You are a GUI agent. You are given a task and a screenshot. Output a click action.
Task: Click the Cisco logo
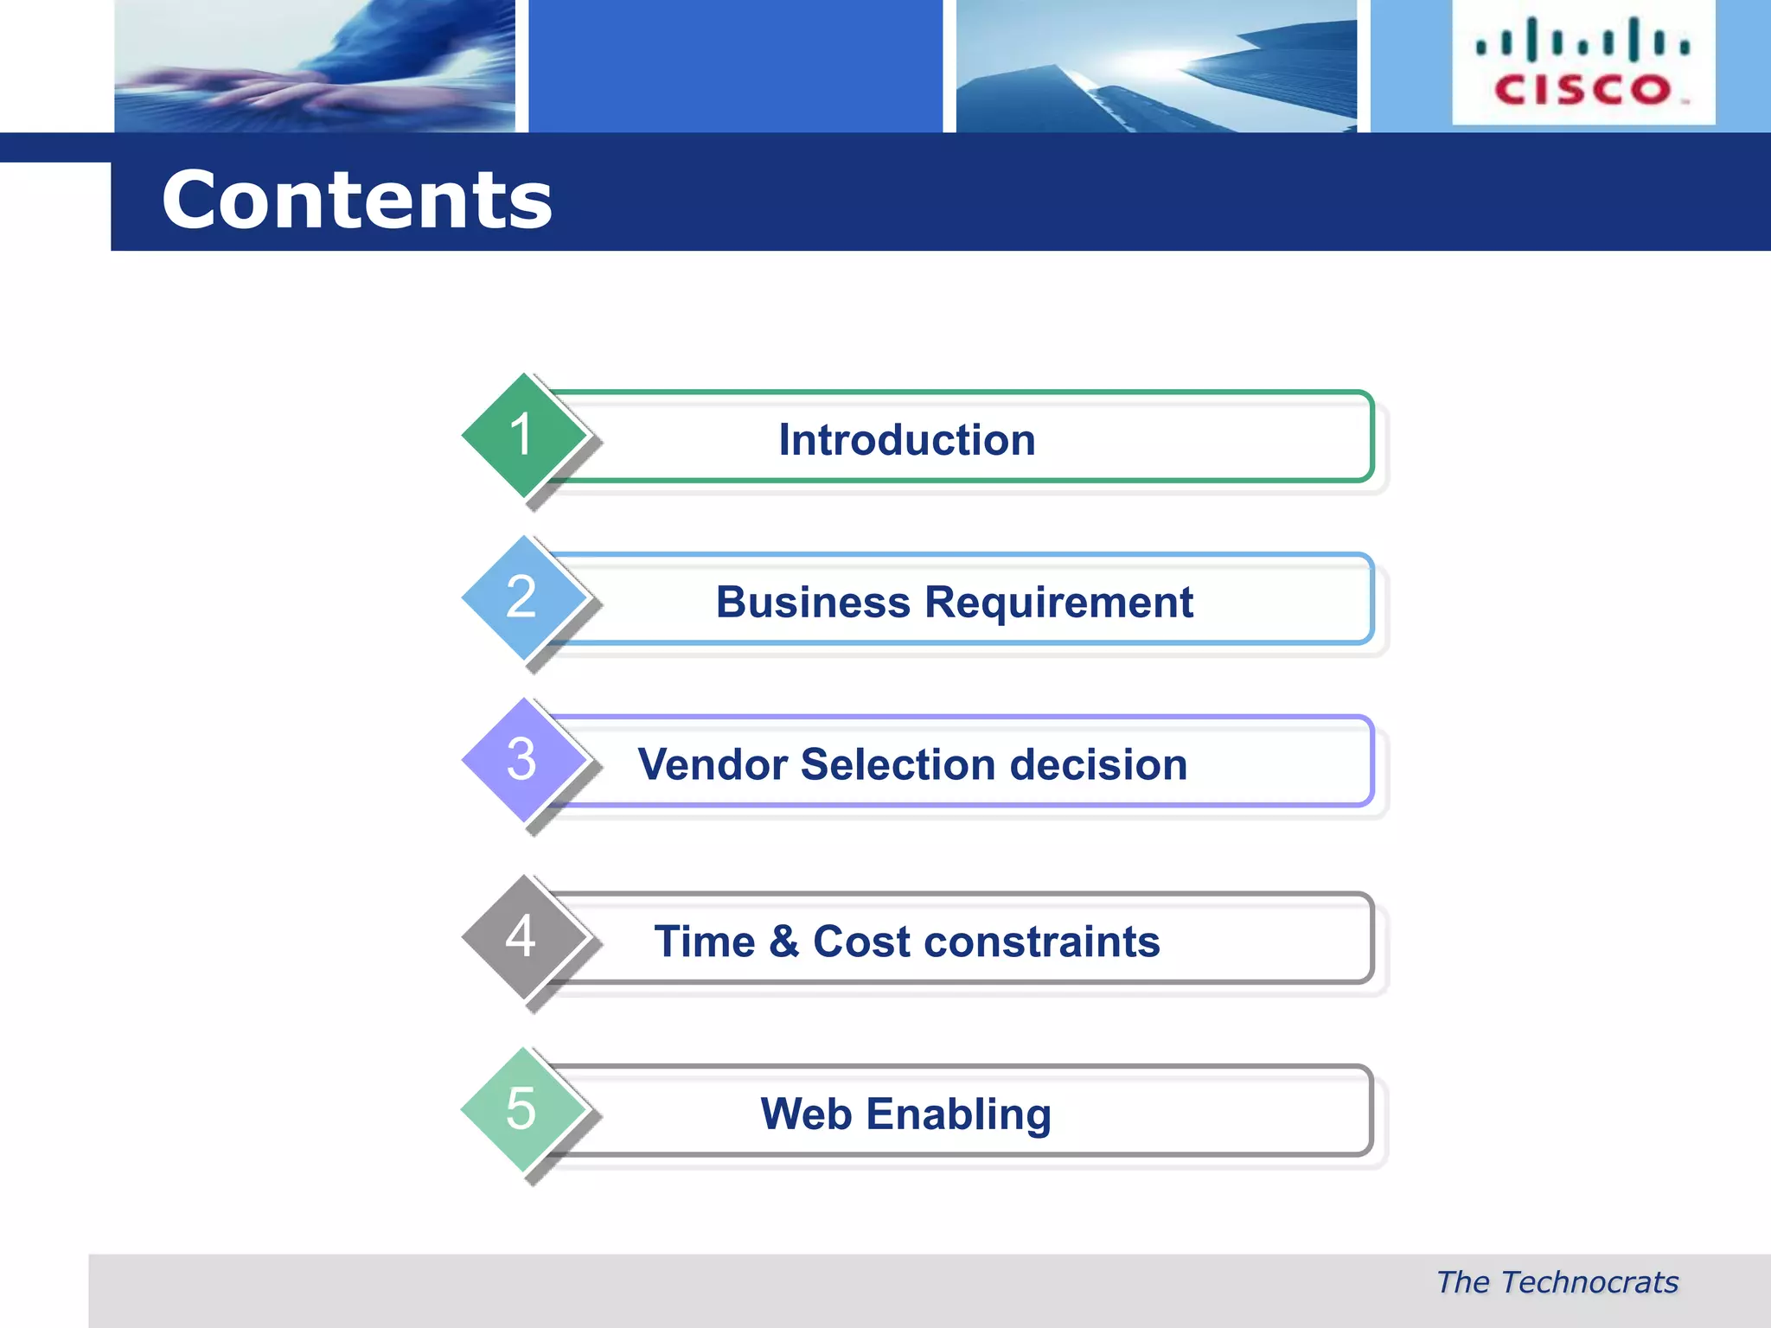pos(1583,63)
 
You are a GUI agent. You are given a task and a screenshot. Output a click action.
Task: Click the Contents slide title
pos(356,201)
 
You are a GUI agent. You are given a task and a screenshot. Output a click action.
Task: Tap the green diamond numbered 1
pos(522,435)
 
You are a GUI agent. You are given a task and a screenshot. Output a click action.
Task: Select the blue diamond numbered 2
pos(522,597)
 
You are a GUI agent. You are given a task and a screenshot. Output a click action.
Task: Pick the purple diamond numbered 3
pos(522,760)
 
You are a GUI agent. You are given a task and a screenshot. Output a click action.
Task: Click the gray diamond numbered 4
pos(522,936)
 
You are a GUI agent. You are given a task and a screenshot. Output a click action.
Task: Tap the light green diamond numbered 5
pos(522,1109)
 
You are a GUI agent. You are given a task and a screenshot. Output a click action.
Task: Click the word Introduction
pos(906,440)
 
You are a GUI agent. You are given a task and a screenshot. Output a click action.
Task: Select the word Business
pos(813,603)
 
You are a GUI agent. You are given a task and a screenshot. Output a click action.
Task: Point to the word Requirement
pos(1058,603)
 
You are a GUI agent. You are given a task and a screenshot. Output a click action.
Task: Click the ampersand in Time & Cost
pos(783,942)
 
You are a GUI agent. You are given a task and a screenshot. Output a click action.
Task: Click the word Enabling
pos(958,1114)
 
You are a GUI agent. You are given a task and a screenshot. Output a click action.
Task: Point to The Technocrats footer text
pos(1557,1282)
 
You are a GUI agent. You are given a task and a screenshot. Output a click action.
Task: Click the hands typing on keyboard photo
pos(315,66)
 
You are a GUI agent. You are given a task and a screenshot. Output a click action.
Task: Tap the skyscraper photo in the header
pos(1156,66)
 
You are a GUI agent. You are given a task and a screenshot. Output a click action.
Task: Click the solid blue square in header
pos(735,66)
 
